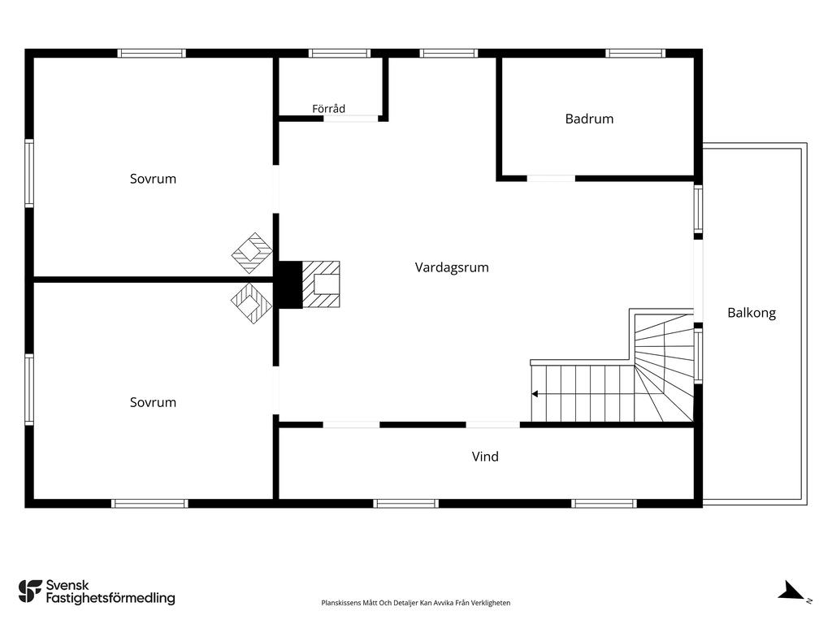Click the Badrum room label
click(x=589, y=119)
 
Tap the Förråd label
click(x=328, y=109)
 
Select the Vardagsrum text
click(x=452, y=267)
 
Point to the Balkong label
click(x=752, y=313)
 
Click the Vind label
click(x=485, y=457)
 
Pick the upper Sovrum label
click(x=153, y=179)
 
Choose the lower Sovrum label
click(x=153, y=402)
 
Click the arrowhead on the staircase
click(x=535, y=394)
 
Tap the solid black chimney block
click(x=290, y=284)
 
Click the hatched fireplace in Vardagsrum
click(x=321, y=284)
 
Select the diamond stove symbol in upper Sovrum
click(x=252, y=253)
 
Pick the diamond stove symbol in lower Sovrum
click(x=252, y=303)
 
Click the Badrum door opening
click(x=551, y=179)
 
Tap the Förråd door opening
click(x=351, y=119)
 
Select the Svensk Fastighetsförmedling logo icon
click(x=30, y=591)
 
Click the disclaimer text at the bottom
click(x=415, y=603)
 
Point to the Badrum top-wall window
click(x=635, y=53)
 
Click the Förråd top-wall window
click(x=339, y=53)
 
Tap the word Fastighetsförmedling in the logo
click(x=110, y=598)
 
